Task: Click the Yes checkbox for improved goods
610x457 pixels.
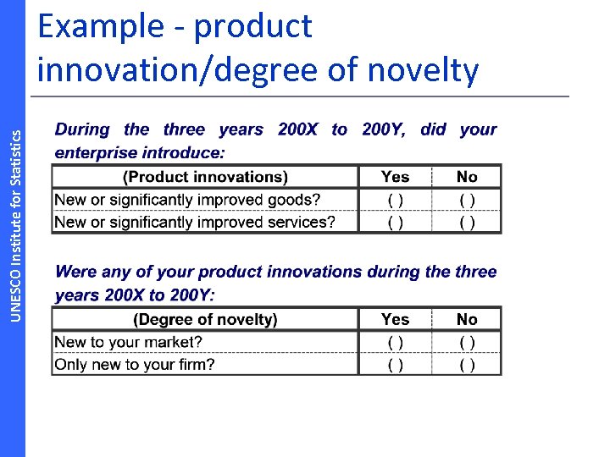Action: point(395,201)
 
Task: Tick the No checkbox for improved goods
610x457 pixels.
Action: point(467,201)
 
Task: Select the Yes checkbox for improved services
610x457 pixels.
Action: point(395,223)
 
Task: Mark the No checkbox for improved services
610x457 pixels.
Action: point(467,223)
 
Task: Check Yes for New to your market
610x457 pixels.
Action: point(395,343)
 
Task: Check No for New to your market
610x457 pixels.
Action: point(467,343)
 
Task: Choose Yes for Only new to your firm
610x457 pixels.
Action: point(395,365)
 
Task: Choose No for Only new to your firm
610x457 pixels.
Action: point(467,365)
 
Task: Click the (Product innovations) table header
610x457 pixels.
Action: point(205,177)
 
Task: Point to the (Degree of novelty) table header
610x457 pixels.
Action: point(205,319)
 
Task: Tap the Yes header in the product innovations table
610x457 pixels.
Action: point(395,177)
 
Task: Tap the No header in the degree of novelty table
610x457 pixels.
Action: point(467,319)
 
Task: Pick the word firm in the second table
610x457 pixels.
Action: point(195,365)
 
